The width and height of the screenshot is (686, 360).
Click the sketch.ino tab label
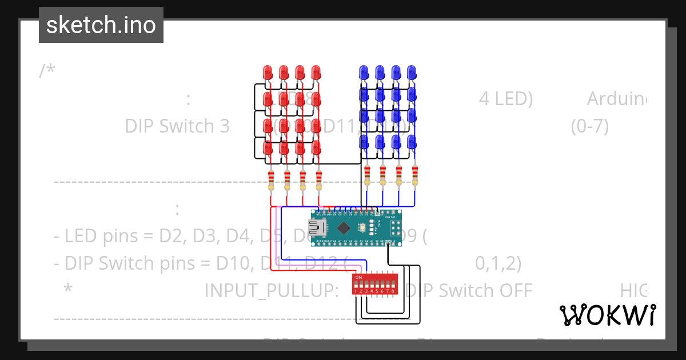(x=101, y=25)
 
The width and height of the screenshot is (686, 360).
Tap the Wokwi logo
(x=607, y=315)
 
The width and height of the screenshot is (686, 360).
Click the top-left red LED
(x=268, y=73)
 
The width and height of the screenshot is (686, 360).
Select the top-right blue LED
(x=412, y=72)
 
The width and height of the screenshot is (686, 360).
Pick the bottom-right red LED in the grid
(x=316, y=148)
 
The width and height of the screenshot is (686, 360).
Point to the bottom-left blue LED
(x=364, y=142)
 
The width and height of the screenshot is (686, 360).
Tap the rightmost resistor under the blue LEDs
(x=415, y=175)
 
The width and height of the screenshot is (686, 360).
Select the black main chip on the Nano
(x=344, y=228)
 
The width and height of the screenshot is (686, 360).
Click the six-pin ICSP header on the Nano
(x=395, y=228)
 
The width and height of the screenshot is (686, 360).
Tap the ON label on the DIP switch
(x=358, y=278)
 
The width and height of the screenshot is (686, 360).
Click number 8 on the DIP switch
(x=393, y=291)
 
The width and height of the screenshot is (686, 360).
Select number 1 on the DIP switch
(x=356, y=291)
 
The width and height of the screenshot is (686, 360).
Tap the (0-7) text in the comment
(x=589, y=126)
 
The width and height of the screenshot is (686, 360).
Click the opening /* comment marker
(x=47, y=71)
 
